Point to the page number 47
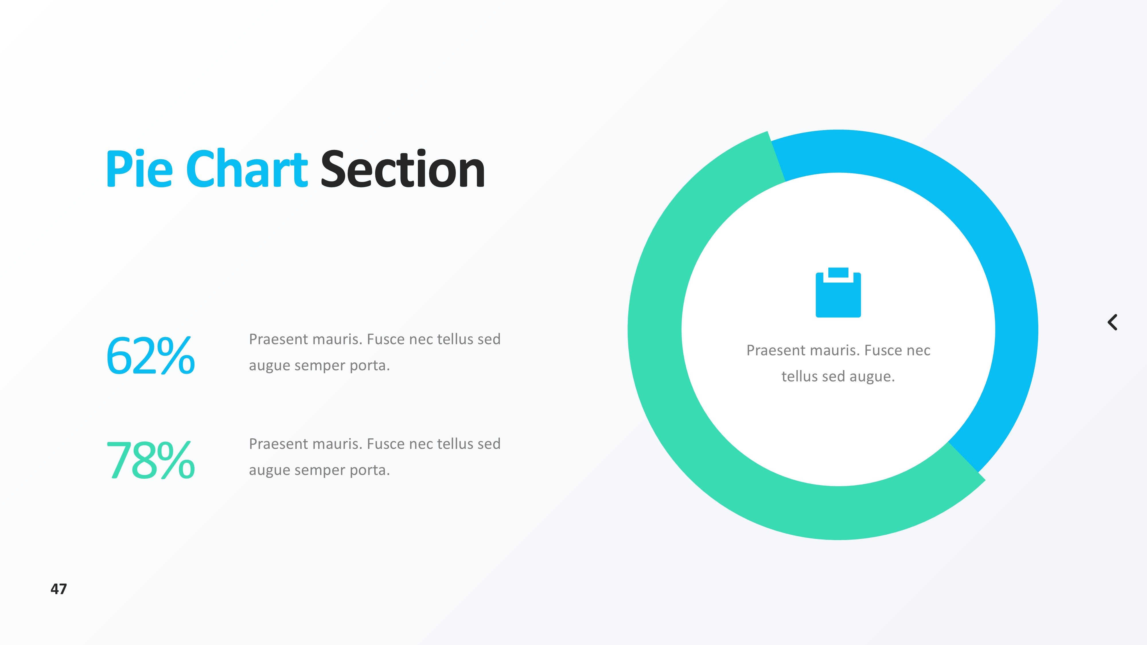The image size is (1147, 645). click(59, 589)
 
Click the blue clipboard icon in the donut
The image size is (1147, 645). click(838, 292)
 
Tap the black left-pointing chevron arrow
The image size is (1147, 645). click(1112, 322)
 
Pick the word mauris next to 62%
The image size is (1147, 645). click(339, 339)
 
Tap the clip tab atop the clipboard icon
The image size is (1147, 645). click(838, 272)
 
